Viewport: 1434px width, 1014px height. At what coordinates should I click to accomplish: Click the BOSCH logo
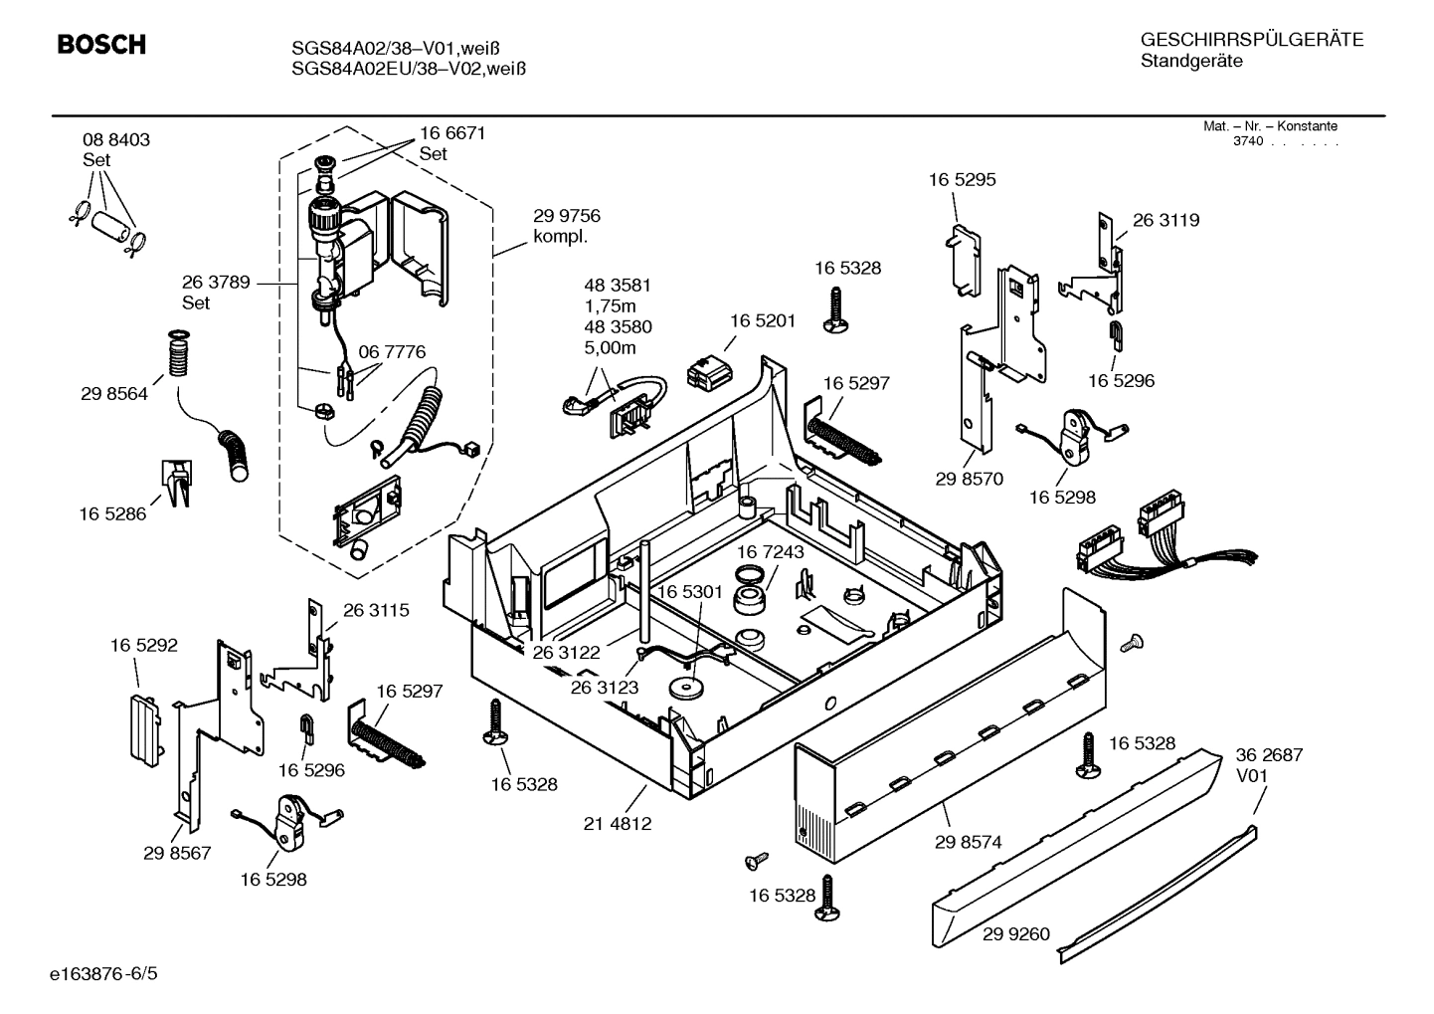101,45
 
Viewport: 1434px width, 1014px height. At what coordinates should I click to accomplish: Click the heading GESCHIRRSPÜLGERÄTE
1251,40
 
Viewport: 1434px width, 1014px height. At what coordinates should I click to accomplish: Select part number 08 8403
116,140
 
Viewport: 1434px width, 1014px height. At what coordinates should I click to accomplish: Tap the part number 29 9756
567,216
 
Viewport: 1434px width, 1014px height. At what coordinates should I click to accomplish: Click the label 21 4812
618,824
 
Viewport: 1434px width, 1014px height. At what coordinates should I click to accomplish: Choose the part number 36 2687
1269,755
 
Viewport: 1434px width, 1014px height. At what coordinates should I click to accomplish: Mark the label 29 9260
1015,934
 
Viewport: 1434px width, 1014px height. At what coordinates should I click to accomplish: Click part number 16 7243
771,551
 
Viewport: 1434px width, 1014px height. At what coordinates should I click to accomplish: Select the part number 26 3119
1165,221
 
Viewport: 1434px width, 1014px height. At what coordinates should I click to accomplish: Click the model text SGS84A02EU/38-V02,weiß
409,69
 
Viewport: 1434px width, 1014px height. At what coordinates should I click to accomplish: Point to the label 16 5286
112,514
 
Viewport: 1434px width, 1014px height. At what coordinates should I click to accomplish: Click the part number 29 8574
968,842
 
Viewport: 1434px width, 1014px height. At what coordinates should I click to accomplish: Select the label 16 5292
143,645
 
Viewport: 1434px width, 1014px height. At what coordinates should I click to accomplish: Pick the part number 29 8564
114,394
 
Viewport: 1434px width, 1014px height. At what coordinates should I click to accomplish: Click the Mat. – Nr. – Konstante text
1270,126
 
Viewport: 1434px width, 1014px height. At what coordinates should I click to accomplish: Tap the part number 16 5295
962,180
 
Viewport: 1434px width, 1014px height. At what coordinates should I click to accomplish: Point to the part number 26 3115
376,610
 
